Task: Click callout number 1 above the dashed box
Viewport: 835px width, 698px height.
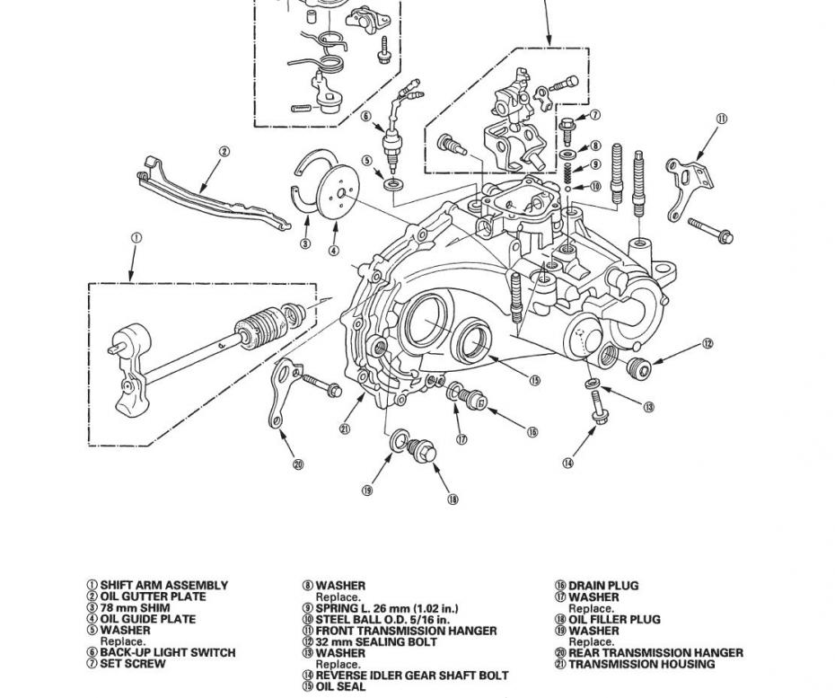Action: coord(136,238)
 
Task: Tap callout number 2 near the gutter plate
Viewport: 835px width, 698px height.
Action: coord(224,153)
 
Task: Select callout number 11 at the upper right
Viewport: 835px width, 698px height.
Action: coord(721,119)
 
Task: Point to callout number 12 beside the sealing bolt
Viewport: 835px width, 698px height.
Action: coord(708,343)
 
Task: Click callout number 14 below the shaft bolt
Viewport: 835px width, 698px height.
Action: coord(567,464)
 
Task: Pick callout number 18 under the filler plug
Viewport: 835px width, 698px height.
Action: coord(453,499)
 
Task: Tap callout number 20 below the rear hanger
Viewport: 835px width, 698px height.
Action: coord(299,464)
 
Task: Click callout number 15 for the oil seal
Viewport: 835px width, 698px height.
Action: coord(534,380)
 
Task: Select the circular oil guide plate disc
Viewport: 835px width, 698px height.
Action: coord(336,190)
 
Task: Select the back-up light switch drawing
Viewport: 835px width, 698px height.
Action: coord(391,144)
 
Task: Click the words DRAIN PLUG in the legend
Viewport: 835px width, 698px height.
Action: coord(603,586)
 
